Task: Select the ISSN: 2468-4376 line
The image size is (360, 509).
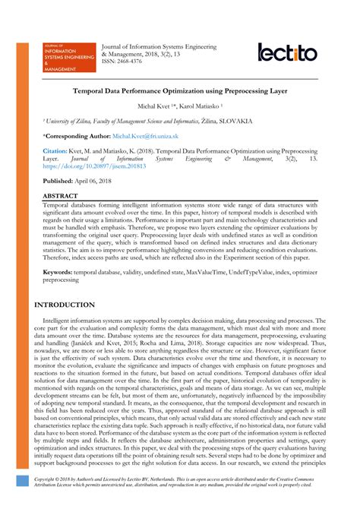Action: [x=127, y=62]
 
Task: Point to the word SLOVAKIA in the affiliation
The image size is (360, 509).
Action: [x=251, y=120]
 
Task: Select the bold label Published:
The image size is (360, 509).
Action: [x=61, y=182]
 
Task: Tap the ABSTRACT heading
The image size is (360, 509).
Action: [x=61, y=197]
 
